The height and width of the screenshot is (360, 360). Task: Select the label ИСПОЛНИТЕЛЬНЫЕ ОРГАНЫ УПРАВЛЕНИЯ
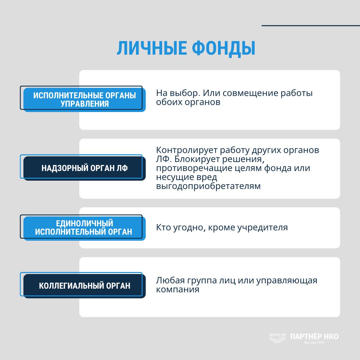pyautogui.click(x=85, y=100)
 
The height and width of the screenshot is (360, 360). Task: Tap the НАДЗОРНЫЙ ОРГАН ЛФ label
pyautogui.click(x=85, y=168)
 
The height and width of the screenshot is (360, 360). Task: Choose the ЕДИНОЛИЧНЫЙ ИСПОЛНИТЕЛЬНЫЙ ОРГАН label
pyautogui.click(x=84, y=228)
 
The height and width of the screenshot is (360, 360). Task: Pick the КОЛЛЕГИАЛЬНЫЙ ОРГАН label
pyautogui.click(x=85, y=286)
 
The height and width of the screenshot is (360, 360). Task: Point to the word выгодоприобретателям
pyautogui.click(x=208, y=186)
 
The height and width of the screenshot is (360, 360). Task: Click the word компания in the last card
pyautogui.click(x=177, y=289)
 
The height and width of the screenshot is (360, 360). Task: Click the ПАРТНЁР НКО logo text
pyautogui.click(x=314, y=336)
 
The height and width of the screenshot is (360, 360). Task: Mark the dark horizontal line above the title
pyautogui.click(x=311, y=25)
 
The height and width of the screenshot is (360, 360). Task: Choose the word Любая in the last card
pyautogui.click(x=169, y=280)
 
